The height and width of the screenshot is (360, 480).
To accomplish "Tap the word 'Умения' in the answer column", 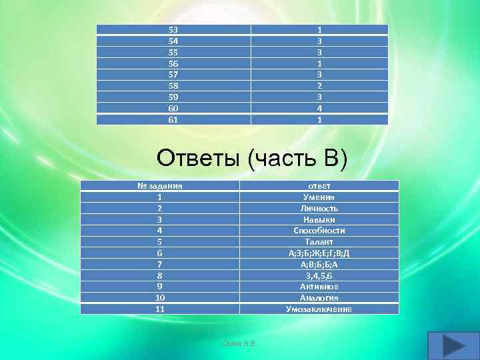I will [319, 197].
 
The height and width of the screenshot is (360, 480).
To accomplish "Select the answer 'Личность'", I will [319, 209].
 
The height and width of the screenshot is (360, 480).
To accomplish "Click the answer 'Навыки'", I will [319, 219].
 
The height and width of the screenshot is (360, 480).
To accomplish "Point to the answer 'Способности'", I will [319, 231].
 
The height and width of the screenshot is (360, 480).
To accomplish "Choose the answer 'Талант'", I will [319, 242].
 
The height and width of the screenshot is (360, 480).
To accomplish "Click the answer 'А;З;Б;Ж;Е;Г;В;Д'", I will [319, 253].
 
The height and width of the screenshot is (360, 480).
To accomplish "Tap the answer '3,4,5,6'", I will [319, 275].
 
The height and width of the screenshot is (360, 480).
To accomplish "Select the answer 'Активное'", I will [319, 287].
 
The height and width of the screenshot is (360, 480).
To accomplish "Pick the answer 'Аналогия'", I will [319, 298].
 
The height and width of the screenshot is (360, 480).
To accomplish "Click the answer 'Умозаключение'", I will [319, 309].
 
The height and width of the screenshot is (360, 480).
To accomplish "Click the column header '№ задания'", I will [159, 186].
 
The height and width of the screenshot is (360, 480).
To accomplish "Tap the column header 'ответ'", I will [319, 186].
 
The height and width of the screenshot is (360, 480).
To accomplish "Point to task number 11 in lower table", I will [159, 309].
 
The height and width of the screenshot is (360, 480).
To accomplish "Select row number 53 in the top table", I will [173, 30].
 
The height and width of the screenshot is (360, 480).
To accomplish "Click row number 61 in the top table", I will [173, 120].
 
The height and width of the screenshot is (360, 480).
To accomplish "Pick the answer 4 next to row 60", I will [320, 109].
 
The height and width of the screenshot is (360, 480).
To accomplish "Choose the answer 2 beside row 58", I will [320, 86].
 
